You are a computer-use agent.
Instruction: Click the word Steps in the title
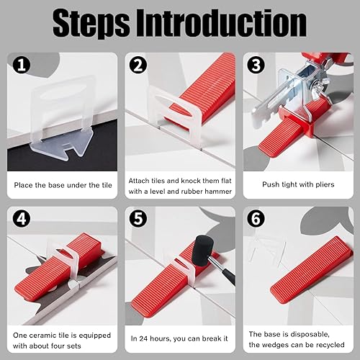pyautogui.click(x=91, y=24)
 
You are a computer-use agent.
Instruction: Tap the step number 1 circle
pyautogui.click(x=22, y=65)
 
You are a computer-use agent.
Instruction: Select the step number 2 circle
pyautogui.click(x=138, y=65)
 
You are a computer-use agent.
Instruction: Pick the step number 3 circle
pyautogui.click(x=256, y=65)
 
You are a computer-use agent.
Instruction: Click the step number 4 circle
pyautogui.click(x=22, y=219)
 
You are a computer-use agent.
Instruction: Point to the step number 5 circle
pyautogui.click(x=138, y=219)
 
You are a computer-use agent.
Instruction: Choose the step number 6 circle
pyautogui.click(x=256, y=219)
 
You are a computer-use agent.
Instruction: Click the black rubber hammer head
pyautogui.click(x=204, y=251)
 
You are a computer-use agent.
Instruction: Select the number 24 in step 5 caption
pyautogui.click(x=143, y=338)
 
